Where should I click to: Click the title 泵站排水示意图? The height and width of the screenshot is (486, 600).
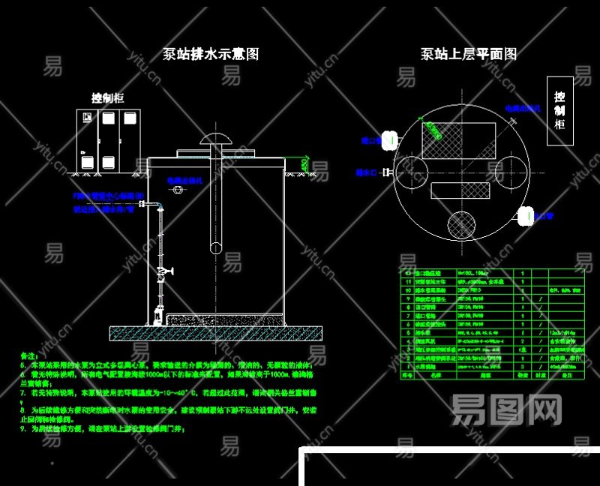[x=211, y=54]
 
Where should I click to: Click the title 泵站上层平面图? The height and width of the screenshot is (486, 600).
[x=468, y=54]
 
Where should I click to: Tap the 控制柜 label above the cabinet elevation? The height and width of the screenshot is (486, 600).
[x=108, y=98]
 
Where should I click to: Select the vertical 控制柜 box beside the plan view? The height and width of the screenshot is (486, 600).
[x=559, y=110]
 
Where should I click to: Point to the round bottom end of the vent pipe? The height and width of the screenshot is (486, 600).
[x=216, y=247]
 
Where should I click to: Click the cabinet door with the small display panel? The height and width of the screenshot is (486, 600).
[x=88, y=139]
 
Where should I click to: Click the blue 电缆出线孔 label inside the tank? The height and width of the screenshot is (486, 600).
[x=185, y=181]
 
